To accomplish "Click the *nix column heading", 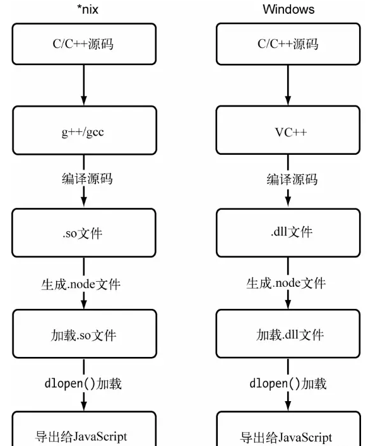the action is (x=88, y=9).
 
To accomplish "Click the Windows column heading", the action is (x=288, y=9).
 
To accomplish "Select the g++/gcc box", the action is (x=85, y=130).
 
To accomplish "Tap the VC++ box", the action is (x=288, y=130).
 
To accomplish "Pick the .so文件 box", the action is (x=84, y=232).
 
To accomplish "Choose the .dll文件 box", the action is (x=288, y=232).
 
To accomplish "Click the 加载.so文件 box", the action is (x=85, y=334).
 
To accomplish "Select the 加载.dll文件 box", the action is (x=288, y=334).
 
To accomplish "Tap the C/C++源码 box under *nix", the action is (x=84, y=44).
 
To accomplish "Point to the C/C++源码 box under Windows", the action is (x=288, y=44).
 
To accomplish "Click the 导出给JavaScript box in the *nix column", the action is (x=84, y=428).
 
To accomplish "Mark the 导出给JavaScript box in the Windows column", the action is (x=288, y=428).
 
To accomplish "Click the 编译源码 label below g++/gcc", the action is (x=87, y=179).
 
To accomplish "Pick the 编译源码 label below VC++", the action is (x=292, y=179).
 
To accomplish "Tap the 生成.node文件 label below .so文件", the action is (x=81, y=284).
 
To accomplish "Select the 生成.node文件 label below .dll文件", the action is (x=286, y=283).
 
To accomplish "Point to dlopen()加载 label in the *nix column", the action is (x=83, y=383).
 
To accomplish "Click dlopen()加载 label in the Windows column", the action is (x=288, y=383).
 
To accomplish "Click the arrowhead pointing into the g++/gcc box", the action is (x=84, y=100).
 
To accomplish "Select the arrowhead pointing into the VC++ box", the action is (x=288, y=100).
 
